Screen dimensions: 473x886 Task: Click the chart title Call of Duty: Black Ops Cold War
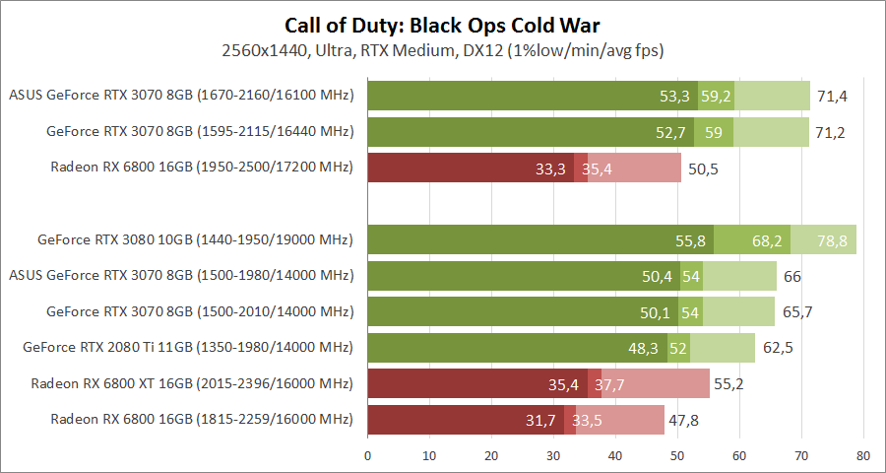pos(443,25)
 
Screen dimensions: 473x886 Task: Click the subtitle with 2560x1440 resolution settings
pos(443,49)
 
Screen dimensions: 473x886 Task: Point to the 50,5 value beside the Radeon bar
pos(704,169)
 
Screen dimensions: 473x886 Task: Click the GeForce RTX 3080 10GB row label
pos(195,239)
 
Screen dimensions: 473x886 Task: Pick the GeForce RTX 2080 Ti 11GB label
pos(188,347)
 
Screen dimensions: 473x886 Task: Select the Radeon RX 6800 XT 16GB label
pos(192,383)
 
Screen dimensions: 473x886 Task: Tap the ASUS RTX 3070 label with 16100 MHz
pos(181,96)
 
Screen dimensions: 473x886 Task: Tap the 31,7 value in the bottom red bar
pos(541,420)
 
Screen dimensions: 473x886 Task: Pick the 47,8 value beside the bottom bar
pos(687,420)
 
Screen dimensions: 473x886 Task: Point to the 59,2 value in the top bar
pos(716,96)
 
